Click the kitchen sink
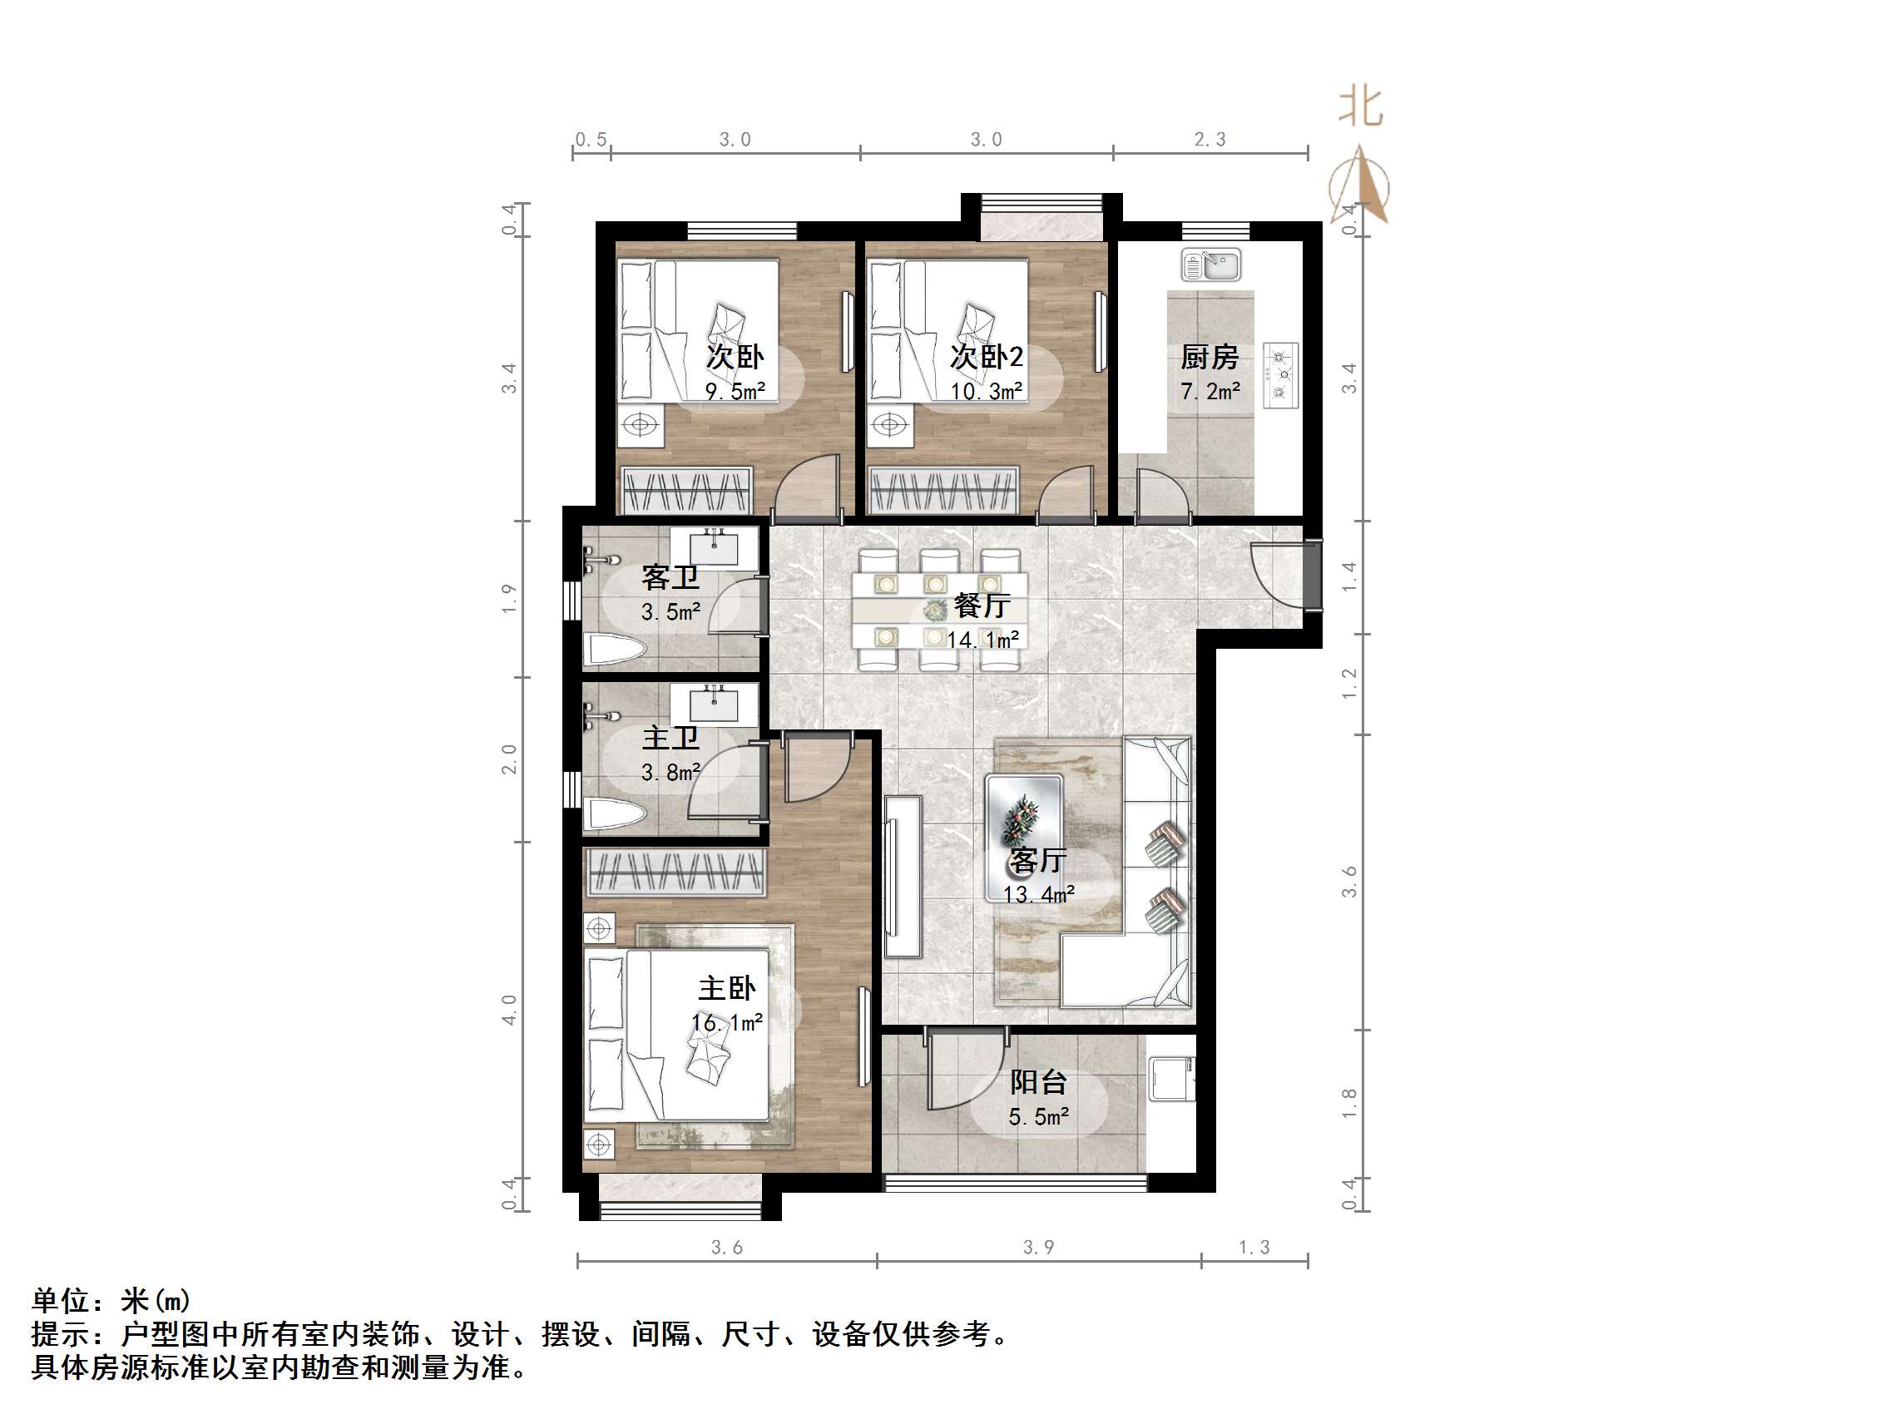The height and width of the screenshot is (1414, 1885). click(1211, 265)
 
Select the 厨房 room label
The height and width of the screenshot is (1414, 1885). click(1210, 357)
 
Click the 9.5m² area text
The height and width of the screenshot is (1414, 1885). click(735, 391)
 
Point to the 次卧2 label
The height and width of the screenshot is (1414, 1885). click(987, 357)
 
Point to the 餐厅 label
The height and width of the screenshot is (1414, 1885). click(982, 606)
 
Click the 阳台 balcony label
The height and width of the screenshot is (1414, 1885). click(1039, 1082)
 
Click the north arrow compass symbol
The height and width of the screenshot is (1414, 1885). click(1359, 185)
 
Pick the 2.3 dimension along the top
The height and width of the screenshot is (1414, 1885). click(1210, 140)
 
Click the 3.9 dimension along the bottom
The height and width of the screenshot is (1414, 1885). click(1039, 1248)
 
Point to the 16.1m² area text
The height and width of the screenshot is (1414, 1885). click(727, 1023)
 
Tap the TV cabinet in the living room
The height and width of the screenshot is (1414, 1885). click(903, 877)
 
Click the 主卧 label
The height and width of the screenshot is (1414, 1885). click(727, 989)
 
